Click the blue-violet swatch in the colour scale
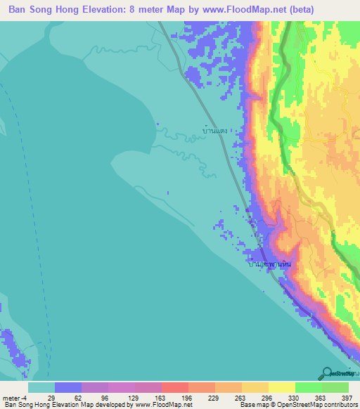[x=68, y=387]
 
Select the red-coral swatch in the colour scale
[x=174, y=387]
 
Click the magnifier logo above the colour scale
[x=327, y=372]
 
